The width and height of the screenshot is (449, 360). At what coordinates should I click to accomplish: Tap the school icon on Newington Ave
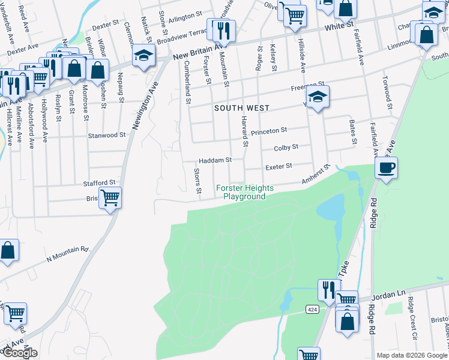coord(142,56)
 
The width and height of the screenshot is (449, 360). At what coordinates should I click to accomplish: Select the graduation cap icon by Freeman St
coord(318,97)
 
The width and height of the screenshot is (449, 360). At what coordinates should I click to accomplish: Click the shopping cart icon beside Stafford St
coord(110,197)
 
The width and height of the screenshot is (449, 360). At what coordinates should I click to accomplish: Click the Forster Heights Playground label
coord(244,192)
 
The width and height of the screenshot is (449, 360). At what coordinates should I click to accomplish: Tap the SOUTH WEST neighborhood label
coord(242,108)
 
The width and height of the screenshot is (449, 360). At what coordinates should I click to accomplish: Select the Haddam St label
coord(215,161)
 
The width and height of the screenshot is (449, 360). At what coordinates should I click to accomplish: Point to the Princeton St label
coord(269,130)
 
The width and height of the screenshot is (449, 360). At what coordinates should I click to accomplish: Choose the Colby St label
coord(286,147)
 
